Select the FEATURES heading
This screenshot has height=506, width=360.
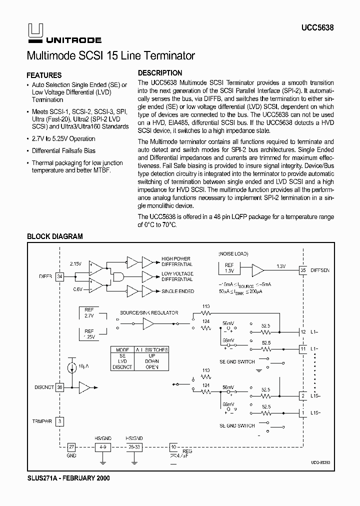coord(44,75)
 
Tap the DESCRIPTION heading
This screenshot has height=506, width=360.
coord(160,73)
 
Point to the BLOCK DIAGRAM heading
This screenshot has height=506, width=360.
coord(54,236)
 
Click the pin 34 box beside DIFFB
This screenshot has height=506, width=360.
coord(59,276)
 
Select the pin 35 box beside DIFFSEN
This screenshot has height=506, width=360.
coord(302,270)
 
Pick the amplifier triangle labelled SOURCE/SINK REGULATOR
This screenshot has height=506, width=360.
coord(148,324)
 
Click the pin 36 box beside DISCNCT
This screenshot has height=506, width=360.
coord(59,386)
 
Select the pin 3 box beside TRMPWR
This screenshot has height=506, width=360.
coord(59,421)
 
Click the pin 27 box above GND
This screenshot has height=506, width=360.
coord(71,447)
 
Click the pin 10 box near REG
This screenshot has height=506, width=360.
coord(173,447)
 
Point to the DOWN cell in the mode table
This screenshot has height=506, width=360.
coord(151,360)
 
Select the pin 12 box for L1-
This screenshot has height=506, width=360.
coord(302,332)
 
